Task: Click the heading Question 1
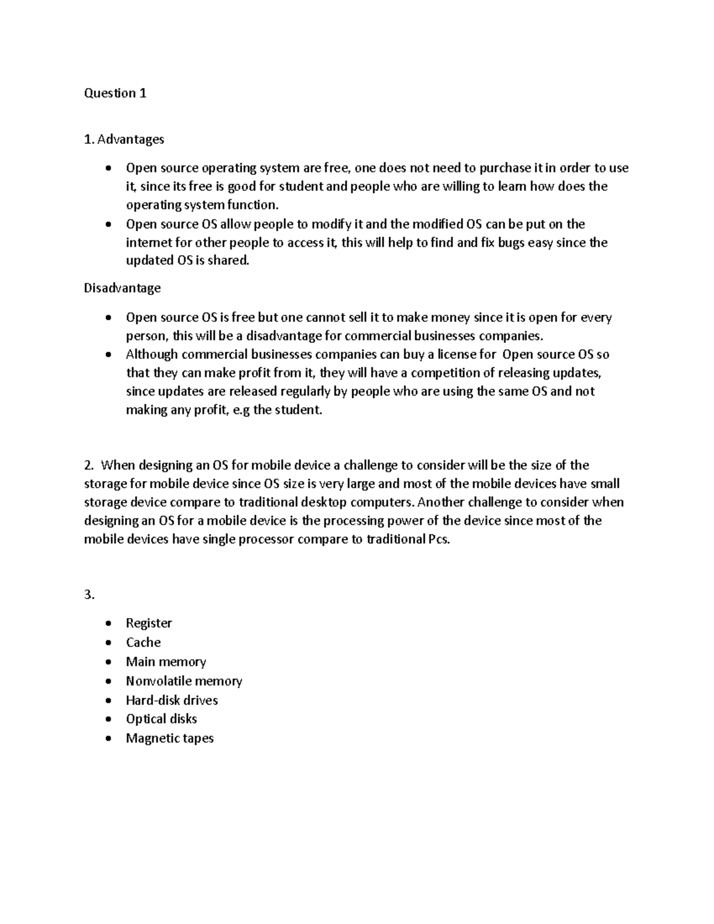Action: [115, 93]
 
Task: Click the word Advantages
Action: [130, 139]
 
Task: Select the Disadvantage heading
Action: [122, 288]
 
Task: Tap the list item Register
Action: [149, 623]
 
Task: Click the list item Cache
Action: [143, 642]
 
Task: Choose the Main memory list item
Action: [166, 662]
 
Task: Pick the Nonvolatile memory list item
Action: [184, 681]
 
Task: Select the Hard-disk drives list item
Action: [172, 700]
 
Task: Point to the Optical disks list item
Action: [161, 719]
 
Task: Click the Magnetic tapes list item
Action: [170, 738]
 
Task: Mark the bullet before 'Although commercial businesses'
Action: [107, 355]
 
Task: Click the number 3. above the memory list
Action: [89, 594]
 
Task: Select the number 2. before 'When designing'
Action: [89, 465]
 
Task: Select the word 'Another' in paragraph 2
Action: [437, 502]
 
